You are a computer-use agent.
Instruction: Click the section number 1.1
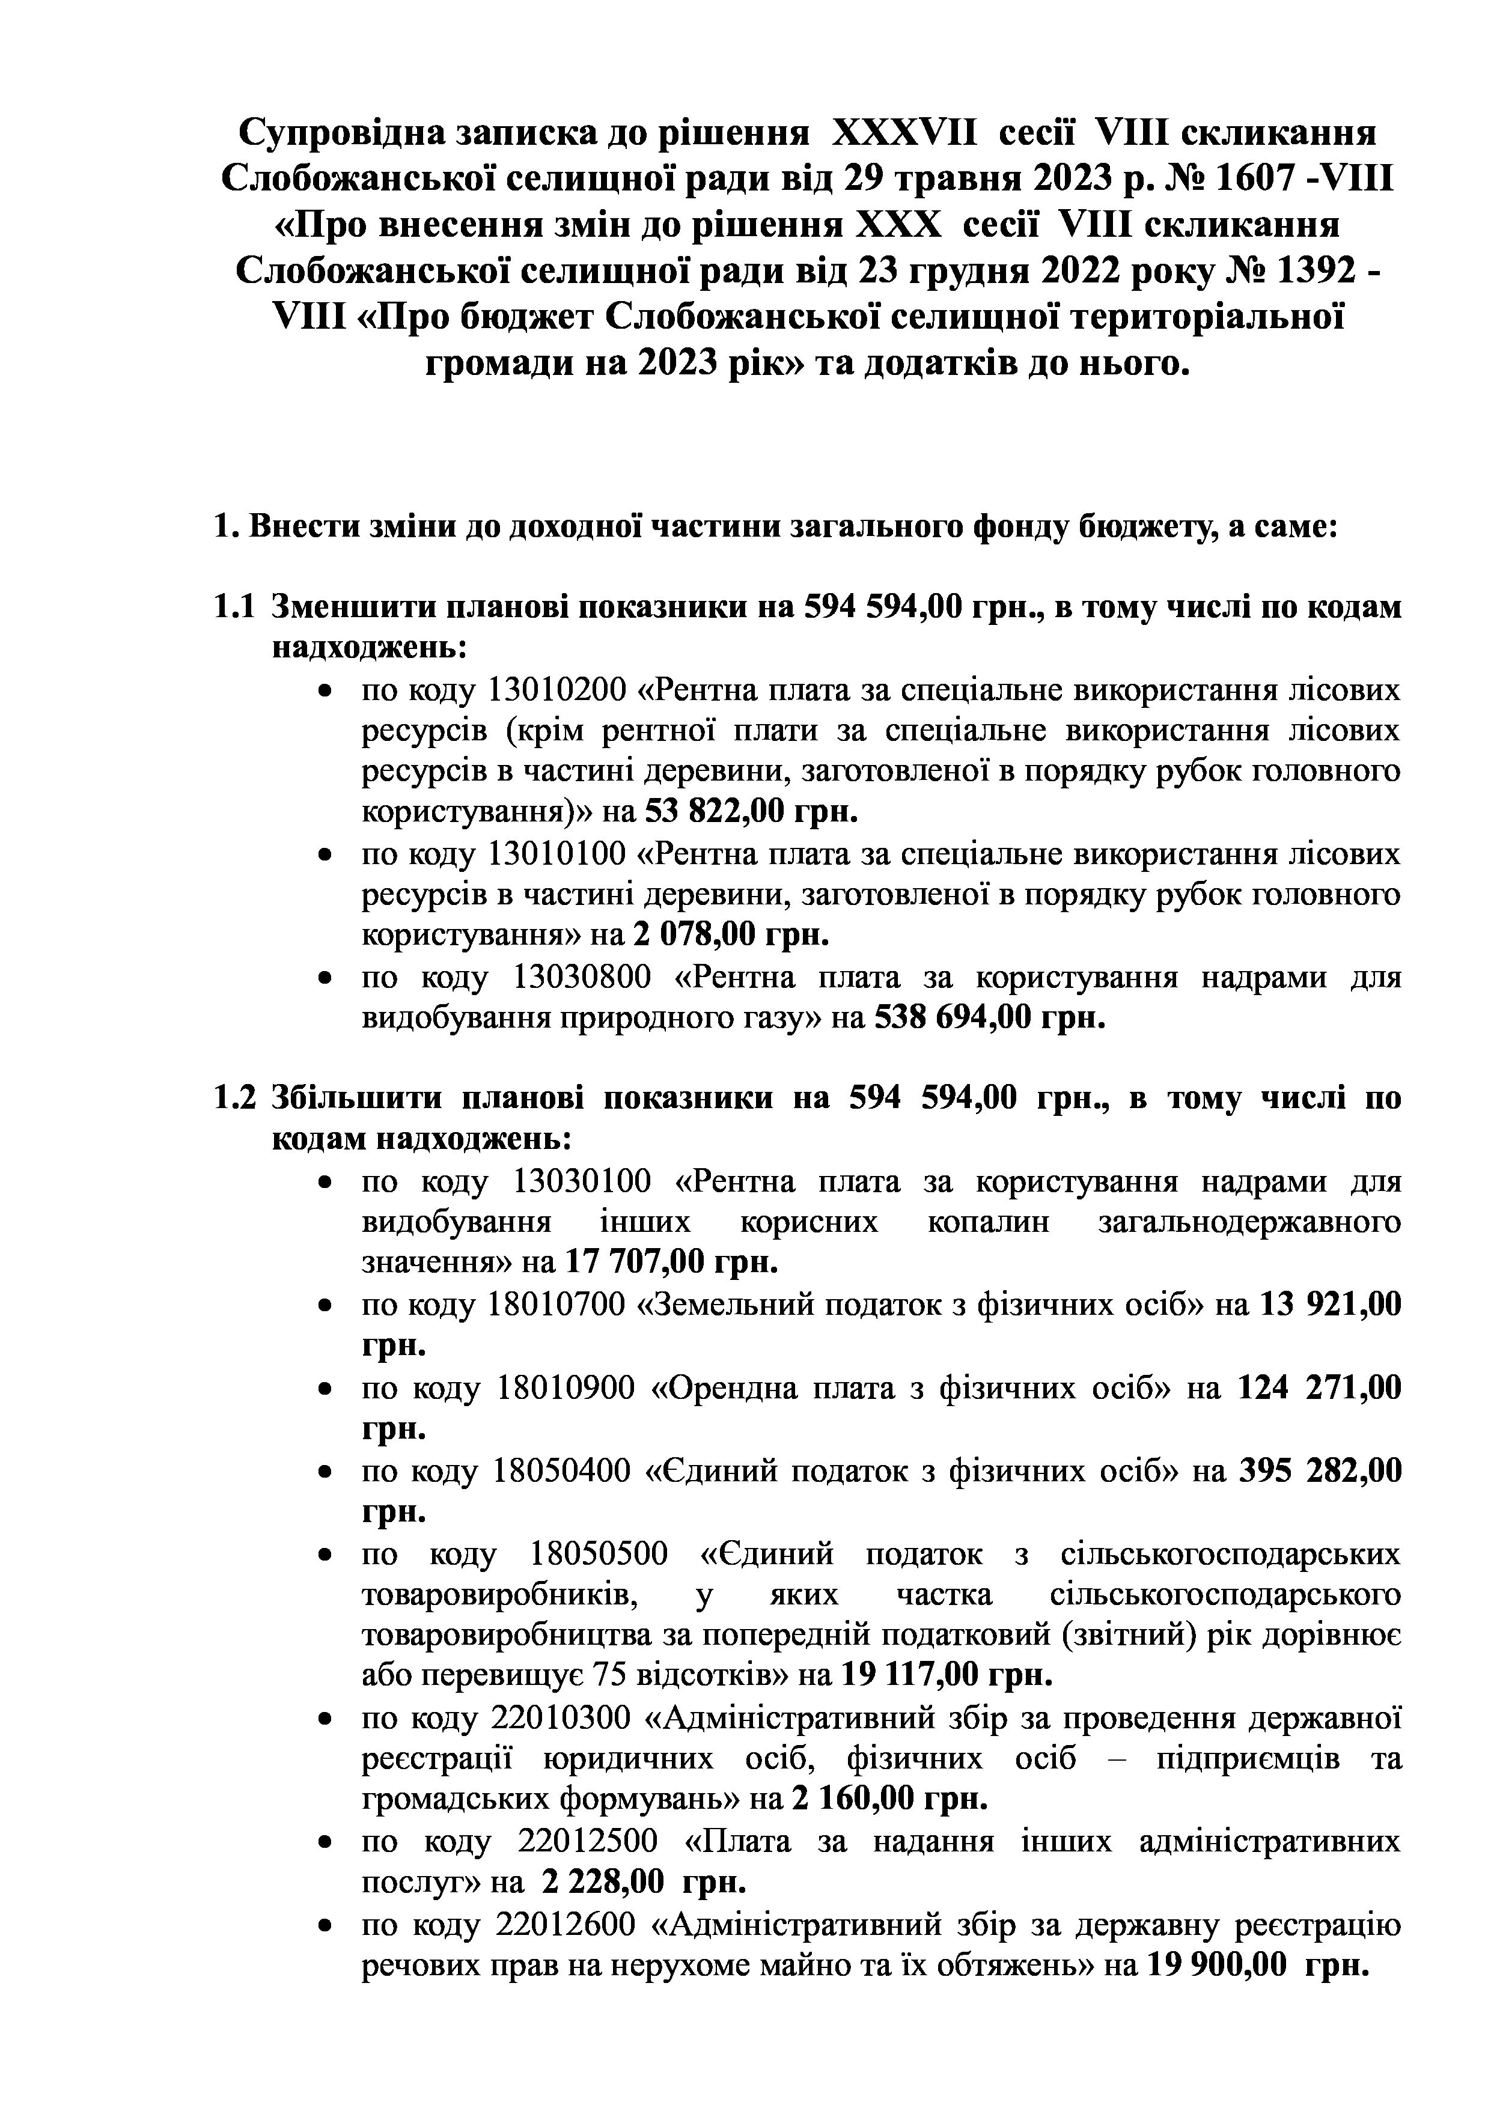click(233, 608)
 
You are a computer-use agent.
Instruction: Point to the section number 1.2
click(233, 1099)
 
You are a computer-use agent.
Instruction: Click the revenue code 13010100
click(557, 854)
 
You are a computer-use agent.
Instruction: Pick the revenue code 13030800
click(581, 977)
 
